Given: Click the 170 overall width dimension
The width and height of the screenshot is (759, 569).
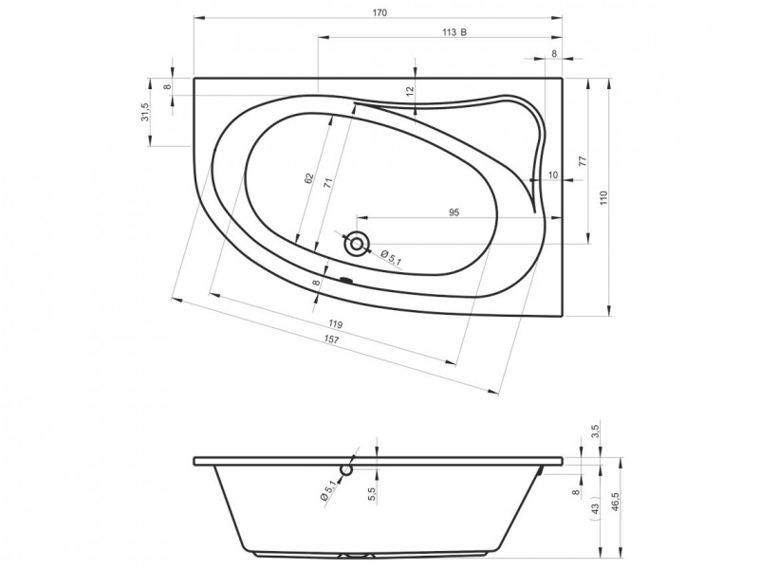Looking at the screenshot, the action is [380, 13].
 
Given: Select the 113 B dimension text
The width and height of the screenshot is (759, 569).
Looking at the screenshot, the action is [454, 32].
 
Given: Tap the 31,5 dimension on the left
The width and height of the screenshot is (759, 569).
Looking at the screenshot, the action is [146, 112].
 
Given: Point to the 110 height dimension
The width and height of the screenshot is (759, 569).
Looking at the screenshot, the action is [603, 198].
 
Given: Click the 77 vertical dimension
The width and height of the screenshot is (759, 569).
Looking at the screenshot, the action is [583, 161].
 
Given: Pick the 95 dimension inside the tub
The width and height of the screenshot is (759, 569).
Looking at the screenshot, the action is [454, 212].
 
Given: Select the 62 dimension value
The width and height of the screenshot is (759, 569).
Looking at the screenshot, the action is [309, 179].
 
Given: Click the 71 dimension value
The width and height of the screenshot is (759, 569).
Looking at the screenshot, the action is [327, 183].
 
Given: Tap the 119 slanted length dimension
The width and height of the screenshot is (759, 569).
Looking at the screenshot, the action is [335, 324].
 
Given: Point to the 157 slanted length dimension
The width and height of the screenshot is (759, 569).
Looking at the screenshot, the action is [331, 340].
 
